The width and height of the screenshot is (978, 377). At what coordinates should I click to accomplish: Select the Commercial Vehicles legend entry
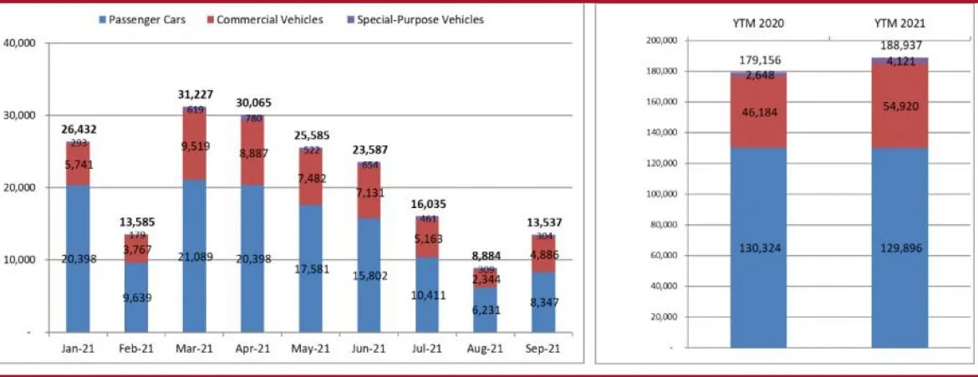click(x=263, y=19)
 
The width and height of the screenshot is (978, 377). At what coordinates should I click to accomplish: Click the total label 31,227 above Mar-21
click(x=195, y=94)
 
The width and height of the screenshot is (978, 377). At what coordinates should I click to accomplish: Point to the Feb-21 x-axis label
click(x=136, y=348)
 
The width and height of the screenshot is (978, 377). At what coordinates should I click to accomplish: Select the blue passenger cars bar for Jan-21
click(x=78, y=259)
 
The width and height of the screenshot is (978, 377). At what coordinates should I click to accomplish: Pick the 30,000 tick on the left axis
click(x=18, y=115)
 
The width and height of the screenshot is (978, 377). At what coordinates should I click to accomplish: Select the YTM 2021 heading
click(x=899, y=23)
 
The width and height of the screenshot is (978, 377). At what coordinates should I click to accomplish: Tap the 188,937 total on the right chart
click(x=899, y=46)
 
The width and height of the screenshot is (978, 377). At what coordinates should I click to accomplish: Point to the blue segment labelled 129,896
click(x=899, y=247)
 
